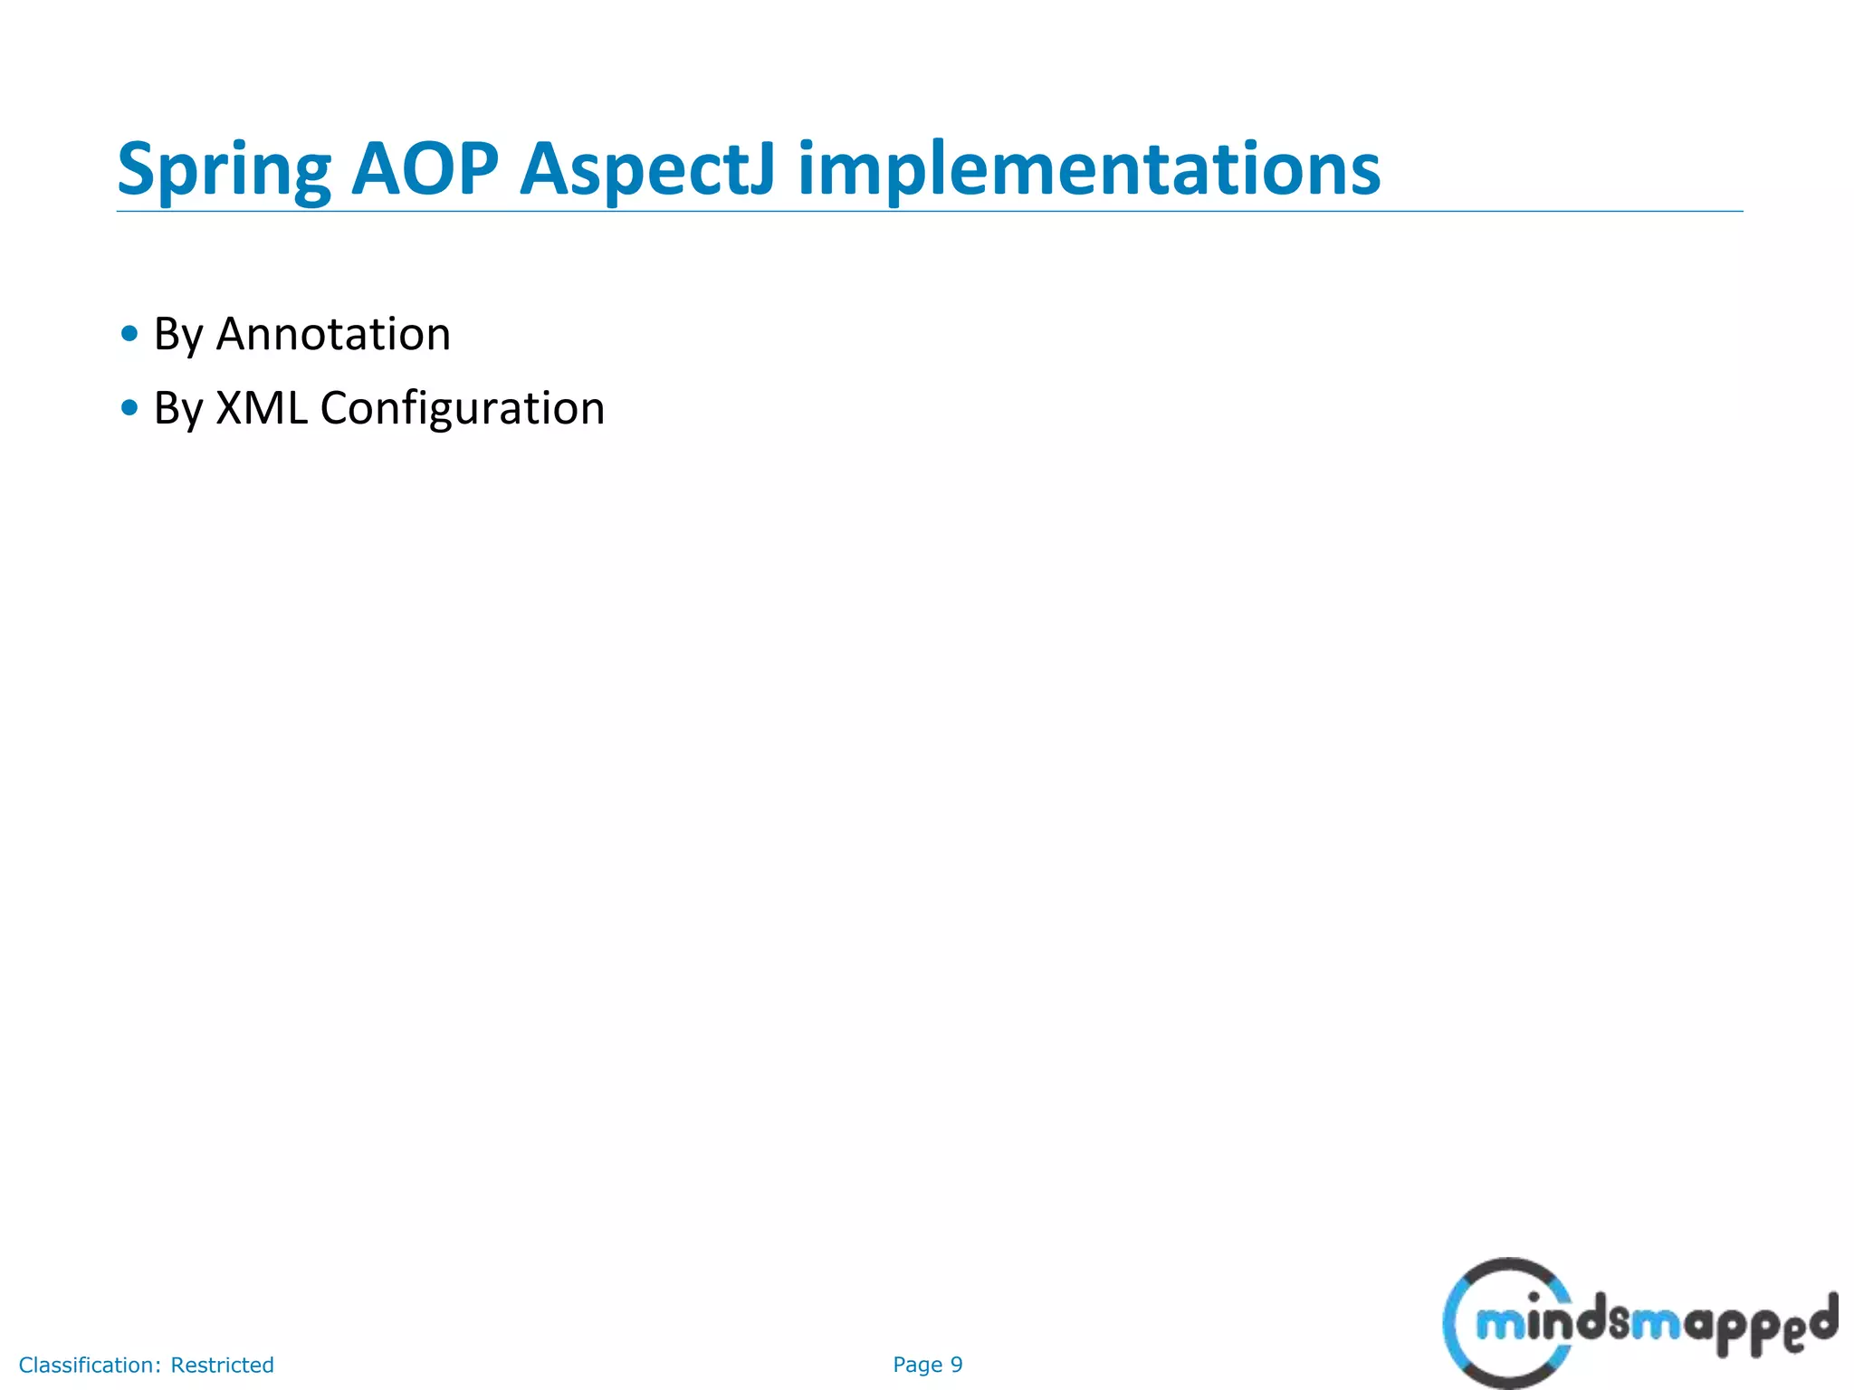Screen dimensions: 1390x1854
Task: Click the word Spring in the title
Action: point(225,170)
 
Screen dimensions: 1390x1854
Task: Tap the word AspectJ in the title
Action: point(646,170)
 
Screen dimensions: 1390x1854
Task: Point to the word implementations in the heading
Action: point(1088,170)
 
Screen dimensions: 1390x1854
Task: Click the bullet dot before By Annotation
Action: point(129,334)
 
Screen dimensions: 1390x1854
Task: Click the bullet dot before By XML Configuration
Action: point(129,408)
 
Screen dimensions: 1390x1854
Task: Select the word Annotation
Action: point(333,334)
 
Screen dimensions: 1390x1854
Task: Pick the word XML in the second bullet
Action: point(261,408)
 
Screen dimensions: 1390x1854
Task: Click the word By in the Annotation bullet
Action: point(178,336)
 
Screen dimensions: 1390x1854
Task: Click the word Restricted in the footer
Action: point(222,1365)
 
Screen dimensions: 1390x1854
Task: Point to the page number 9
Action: point(956,1365)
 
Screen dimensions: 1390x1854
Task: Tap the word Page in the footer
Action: point(917,1365)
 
